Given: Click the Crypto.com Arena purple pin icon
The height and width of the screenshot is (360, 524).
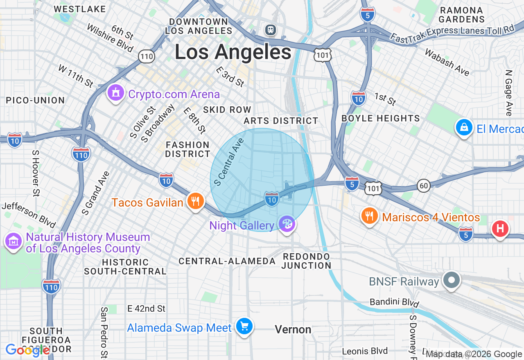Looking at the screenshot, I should (116, 93).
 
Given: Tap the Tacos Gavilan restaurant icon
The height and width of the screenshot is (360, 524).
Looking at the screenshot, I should (196, 201).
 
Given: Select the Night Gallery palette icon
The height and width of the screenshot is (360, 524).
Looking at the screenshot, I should (287, 224).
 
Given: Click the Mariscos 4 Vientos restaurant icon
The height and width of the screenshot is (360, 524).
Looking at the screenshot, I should (370, 216).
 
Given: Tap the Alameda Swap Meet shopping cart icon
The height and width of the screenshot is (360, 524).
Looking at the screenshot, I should (244, 326).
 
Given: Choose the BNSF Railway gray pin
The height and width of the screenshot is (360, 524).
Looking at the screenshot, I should (452, 281).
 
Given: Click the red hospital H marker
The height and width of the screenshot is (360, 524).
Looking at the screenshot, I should (500, 228).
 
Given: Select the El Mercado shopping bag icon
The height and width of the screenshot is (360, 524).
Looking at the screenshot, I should (464, 128).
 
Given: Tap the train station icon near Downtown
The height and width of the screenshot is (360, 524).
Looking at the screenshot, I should (270, 29).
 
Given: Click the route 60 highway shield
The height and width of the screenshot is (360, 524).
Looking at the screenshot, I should (424, 186).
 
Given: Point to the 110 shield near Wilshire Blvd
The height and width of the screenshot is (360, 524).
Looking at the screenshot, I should (146, 56).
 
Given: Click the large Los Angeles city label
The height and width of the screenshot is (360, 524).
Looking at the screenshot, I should (233, 52).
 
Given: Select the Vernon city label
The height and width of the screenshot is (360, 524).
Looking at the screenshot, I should (293, 329).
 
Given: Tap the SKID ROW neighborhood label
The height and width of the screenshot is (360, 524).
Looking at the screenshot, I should (227, 110).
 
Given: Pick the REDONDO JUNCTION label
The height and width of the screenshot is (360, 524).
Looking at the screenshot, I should (306, 261).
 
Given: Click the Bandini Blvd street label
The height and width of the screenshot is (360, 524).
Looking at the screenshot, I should (394, 302).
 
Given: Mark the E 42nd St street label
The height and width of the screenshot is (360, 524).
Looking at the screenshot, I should (146, 308).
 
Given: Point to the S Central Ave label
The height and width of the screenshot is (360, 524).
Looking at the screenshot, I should (229, 162).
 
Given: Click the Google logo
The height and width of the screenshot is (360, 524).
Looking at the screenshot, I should (27, 350).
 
